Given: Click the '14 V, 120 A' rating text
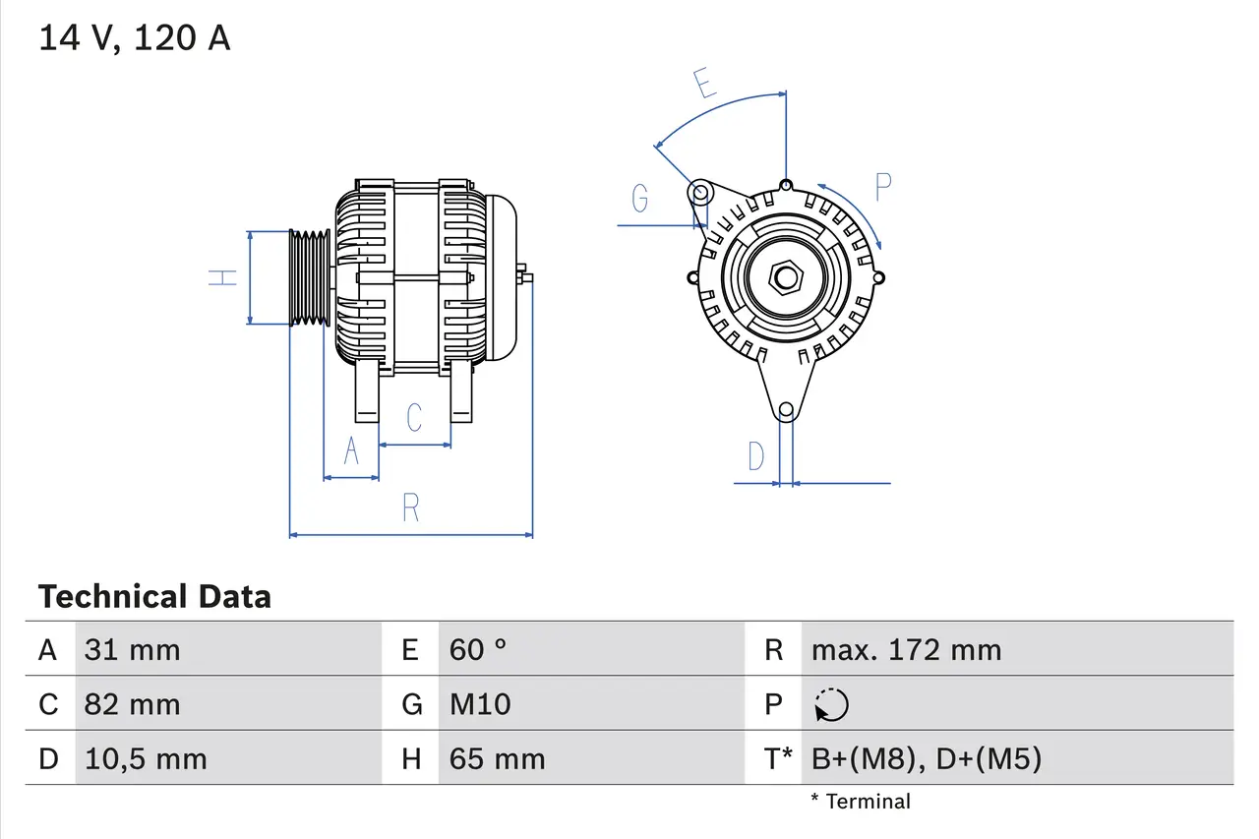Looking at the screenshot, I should pos(134,38).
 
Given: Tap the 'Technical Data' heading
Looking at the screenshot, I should pos(154,596).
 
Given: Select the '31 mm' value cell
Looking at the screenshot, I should pos(132,649).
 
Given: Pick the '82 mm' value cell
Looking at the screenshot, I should pos(132,704).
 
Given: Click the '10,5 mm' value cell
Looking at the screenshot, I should pos(146,758).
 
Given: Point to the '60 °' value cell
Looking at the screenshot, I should pos(478,649).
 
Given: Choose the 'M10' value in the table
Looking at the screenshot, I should pos(480,704).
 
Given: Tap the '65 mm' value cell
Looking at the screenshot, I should pos(497,758).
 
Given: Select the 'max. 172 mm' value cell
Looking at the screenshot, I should pos(906,649).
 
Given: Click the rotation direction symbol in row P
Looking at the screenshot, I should pos(831,704).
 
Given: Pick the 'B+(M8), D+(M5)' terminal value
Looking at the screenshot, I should pos(926,758).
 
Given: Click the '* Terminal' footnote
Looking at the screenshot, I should pos(861,802).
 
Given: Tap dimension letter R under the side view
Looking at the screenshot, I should pos(411,508).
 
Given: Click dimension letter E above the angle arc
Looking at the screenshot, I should pos(703,85).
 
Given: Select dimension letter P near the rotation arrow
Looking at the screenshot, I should pos(882,187).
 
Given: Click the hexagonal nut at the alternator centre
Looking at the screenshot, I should pos(785,277).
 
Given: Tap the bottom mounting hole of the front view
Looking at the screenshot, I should pos(785,410).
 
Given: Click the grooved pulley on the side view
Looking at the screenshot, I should pos(310,277).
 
